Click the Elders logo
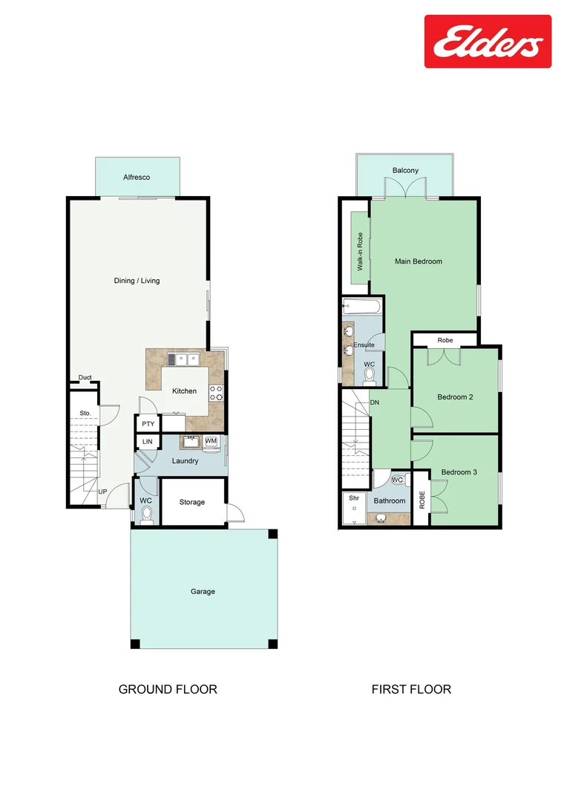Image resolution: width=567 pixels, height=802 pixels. [488, 42]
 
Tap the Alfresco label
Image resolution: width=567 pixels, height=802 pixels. [137, 177]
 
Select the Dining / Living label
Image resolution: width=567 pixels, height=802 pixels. [137, 281]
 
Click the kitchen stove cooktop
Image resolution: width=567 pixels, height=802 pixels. [217, 392]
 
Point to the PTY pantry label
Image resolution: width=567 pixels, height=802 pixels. [148, 424]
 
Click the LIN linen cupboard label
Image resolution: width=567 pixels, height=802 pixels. [147, 442]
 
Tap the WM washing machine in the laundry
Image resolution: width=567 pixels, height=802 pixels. [211, 441]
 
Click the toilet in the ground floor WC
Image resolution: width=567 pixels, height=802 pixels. [146, 514]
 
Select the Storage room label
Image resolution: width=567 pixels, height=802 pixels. [191, 503]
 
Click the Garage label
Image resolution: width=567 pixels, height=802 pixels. [203, 592]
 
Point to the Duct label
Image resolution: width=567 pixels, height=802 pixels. [85, 378]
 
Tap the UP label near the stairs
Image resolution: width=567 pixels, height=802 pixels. [102, 492]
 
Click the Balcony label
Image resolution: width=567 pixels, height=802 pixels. [405, 171]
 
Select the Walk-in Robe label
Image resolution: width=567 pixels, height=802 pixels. [360, 251]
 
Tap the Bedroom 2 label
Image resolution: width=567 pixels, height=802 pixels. [455, 397]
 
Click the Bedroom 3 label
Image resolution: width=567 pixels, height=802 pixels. [459, 472]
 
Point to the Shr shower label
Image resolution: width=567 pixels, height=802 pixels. [353, 499]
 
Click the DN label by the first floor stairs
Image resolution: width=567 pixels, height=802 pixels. [375, 402]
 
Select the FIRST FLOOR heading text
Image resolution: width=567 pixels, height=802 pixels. [411, 689]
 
